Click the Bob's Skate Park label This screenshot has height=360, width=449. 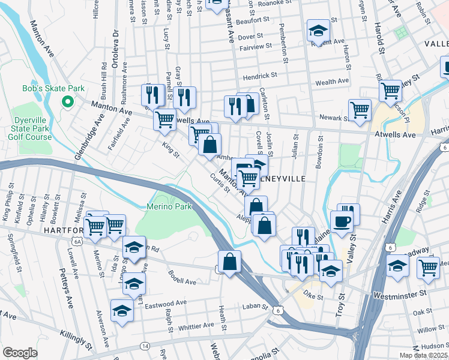tap(53, 88)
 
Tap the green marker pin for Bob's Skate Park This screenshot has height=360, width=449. tap(67, 101)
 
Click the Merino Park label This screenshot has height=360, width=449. tap(169, 207)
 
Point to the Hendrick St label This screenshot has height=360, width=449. tap(259, 76)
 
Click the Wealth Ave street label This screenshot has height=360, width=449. tap(332, 81)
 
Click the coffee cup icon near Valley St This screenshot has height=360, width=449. tap(342, 221)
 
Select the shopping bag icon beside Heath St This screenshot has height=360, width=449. tap(230, 262)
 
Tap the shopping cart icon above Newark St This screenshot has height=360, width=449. tap(360, 109)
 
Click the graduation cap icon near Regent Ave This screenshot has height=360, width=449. tap(318, 29)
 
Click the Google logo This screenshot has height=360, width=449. tap(20, 352)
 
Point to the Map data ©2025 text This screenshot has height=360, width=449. tap(424, 355)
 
